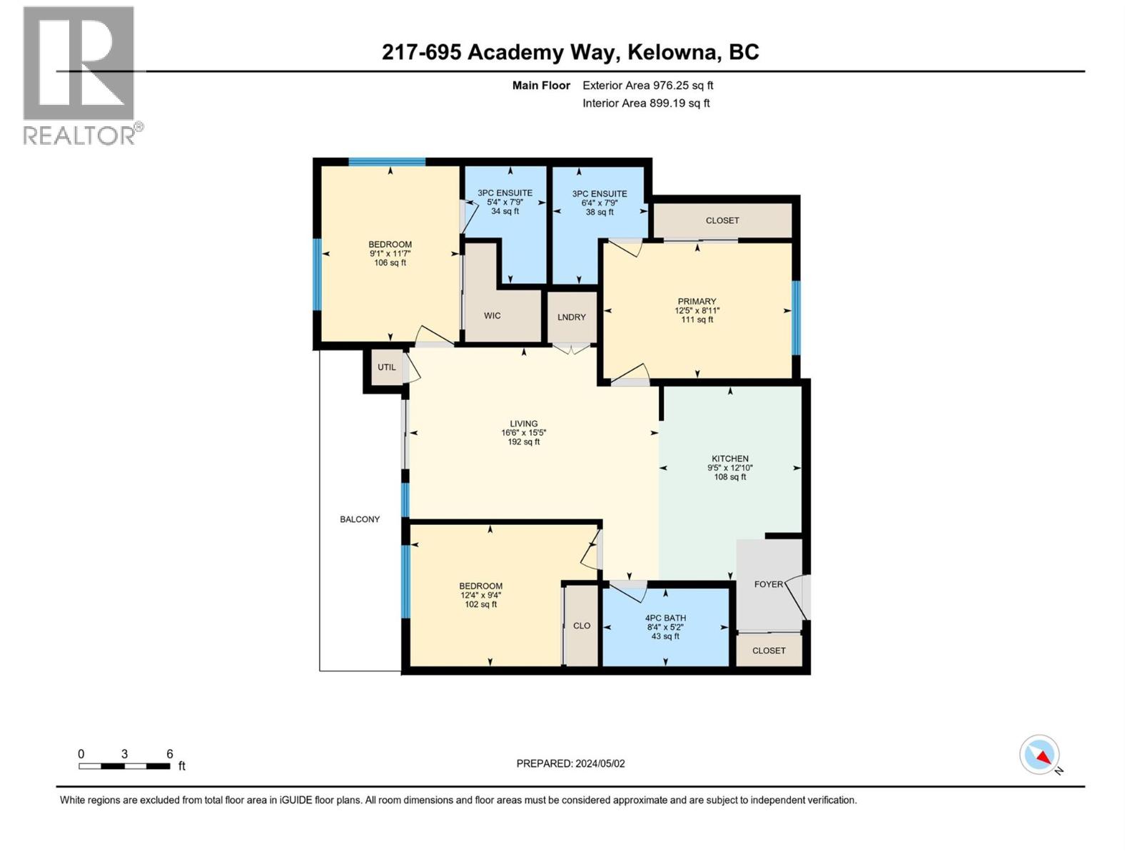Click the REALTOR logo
pyautogui.click(x=79, y=76)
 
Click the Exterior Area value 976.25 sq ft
pyautogui.click(x=683, y=86)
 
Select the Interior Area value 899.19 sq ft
pyautogui.click(x=679, y=103)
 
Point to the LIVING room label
pyautogui.click(x=523, y=424)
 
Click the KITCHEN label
pyautogui.click(x=729, y=459)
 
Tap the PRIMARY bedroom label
pyautogui.click(x=697, y=302)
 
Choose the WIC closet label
pyautogui.click(x=492, y=316)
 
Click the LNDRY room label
pyautogui.click(x=572, y=317)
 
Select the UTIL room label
pyautogui.click(x=386, y=367)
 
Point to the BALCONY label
pyautogui.click(x=360, y=519)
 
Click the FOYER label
pyautogui.click(x=769, y=584)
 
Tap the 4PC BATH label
pyautogui.click(x=665, y=618)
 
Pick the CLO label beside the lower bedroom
pyautogui.click(x=582, y=626)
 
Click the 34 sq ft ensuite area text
pyautogui.click(x=505, y=212)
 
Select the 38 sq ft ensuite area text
pyautogui.click(x=600, y=213)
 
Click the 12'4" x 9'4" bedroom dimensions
pyautogui.click(x=480, y=596)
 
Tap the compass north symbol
pyautogui.click(x=1040, y=755)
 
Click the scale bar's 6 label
pyautogui.click(x=170, y=754)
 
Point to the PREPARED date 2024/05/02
pyautogui.click(x=599, y=763)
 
